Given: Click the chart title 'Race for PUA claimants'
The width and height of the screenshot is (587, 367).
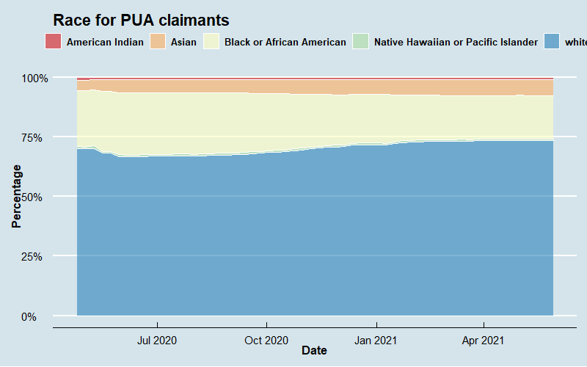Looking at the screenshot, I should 142,21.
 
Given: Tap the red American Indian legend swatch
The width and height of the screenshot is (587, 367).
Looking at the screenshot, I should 53,42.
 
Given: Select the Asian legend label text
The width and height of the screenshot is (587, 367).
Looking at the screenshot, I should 183,43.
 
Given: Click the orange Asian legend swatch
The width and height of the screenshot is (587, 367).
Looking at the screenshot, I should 158,42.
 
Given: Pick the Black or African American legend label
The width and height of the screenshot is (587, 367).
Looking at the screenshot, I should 285,43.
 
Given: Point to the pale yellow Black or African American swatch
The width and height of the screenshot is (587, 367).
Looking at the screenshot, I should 212,42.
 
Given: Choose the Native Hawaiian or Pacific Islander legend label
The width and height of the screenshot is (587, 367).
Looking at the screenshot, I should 456,43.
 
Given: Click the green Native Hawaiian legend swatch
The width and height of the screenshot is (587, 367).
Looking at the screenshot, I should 361,42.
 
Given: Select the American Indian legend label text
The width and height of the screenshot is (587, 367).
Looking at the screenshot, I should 105,43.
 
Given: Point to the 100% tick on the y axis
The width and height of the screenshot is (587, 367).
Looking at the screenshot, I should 33,78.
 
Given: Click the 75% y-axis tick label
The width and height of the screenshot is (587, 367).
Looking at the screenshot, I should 35,137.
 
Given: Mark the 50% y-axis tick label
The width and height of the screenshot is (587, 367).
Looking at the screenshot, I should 35,197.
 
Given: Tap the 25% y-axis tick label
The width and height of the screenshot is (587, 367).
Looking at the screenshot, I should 35,257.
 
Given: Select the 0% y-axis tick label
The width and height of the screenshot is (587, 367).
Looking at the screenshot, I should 38,316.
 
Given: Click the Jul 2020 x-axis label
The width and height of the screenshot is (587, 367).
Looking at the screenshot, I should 157,341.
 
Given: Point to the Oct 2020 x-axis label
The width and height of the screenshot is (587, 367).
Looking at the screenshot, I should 266,341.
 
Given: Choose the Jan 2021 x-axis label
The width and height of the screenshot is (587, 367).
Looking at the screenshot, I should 376,341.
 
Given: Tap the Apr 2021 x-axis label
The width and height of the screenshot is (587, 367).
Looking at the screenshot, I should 484,341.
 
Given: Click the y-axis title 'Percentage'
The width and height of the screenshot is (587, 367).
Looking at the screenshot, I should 16,196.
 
